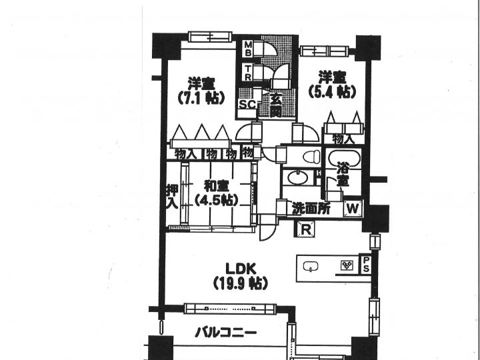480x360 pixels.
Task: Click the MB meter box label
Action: point(247,49)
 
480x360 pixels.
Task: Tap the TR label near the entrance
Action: point(247,73)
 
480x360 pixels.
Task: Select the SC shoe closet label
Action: point(247,105)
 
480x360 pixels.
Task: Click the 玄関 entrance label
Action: point(276,106)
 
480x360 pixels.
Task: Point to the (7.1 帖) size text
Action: point(201,97)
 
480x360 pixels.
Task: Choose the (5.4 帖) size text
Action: point(333,91)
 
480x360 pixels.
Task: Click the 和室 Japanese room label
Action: point(217,186)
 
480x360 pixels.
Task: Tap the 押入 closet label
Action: point(172,197)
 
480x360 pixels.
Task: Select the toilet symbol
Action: point(311,157)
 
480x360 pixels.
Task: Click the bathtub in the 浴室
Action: point(345,158)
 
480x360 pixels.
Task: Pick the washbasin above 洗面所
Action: point(298,177)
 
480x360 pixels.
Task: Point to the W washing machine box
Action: point(353,209)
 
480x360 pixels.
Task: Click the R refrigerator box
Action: point(305,229)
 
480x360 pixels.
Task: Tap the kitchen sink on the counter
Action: point(311,266)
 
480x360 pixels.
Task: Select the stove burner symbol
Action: point(347,265)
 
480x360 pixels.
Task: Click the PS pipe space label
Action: point(366,265)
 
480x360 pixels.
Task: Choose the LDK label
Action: point(241,269)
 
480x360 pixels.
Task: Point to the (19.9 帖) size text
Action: point(241,283)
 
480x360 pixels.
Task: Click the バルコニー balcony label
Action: point(226,332)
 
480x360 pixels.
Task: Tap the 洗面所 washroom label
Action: point(311,209)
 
